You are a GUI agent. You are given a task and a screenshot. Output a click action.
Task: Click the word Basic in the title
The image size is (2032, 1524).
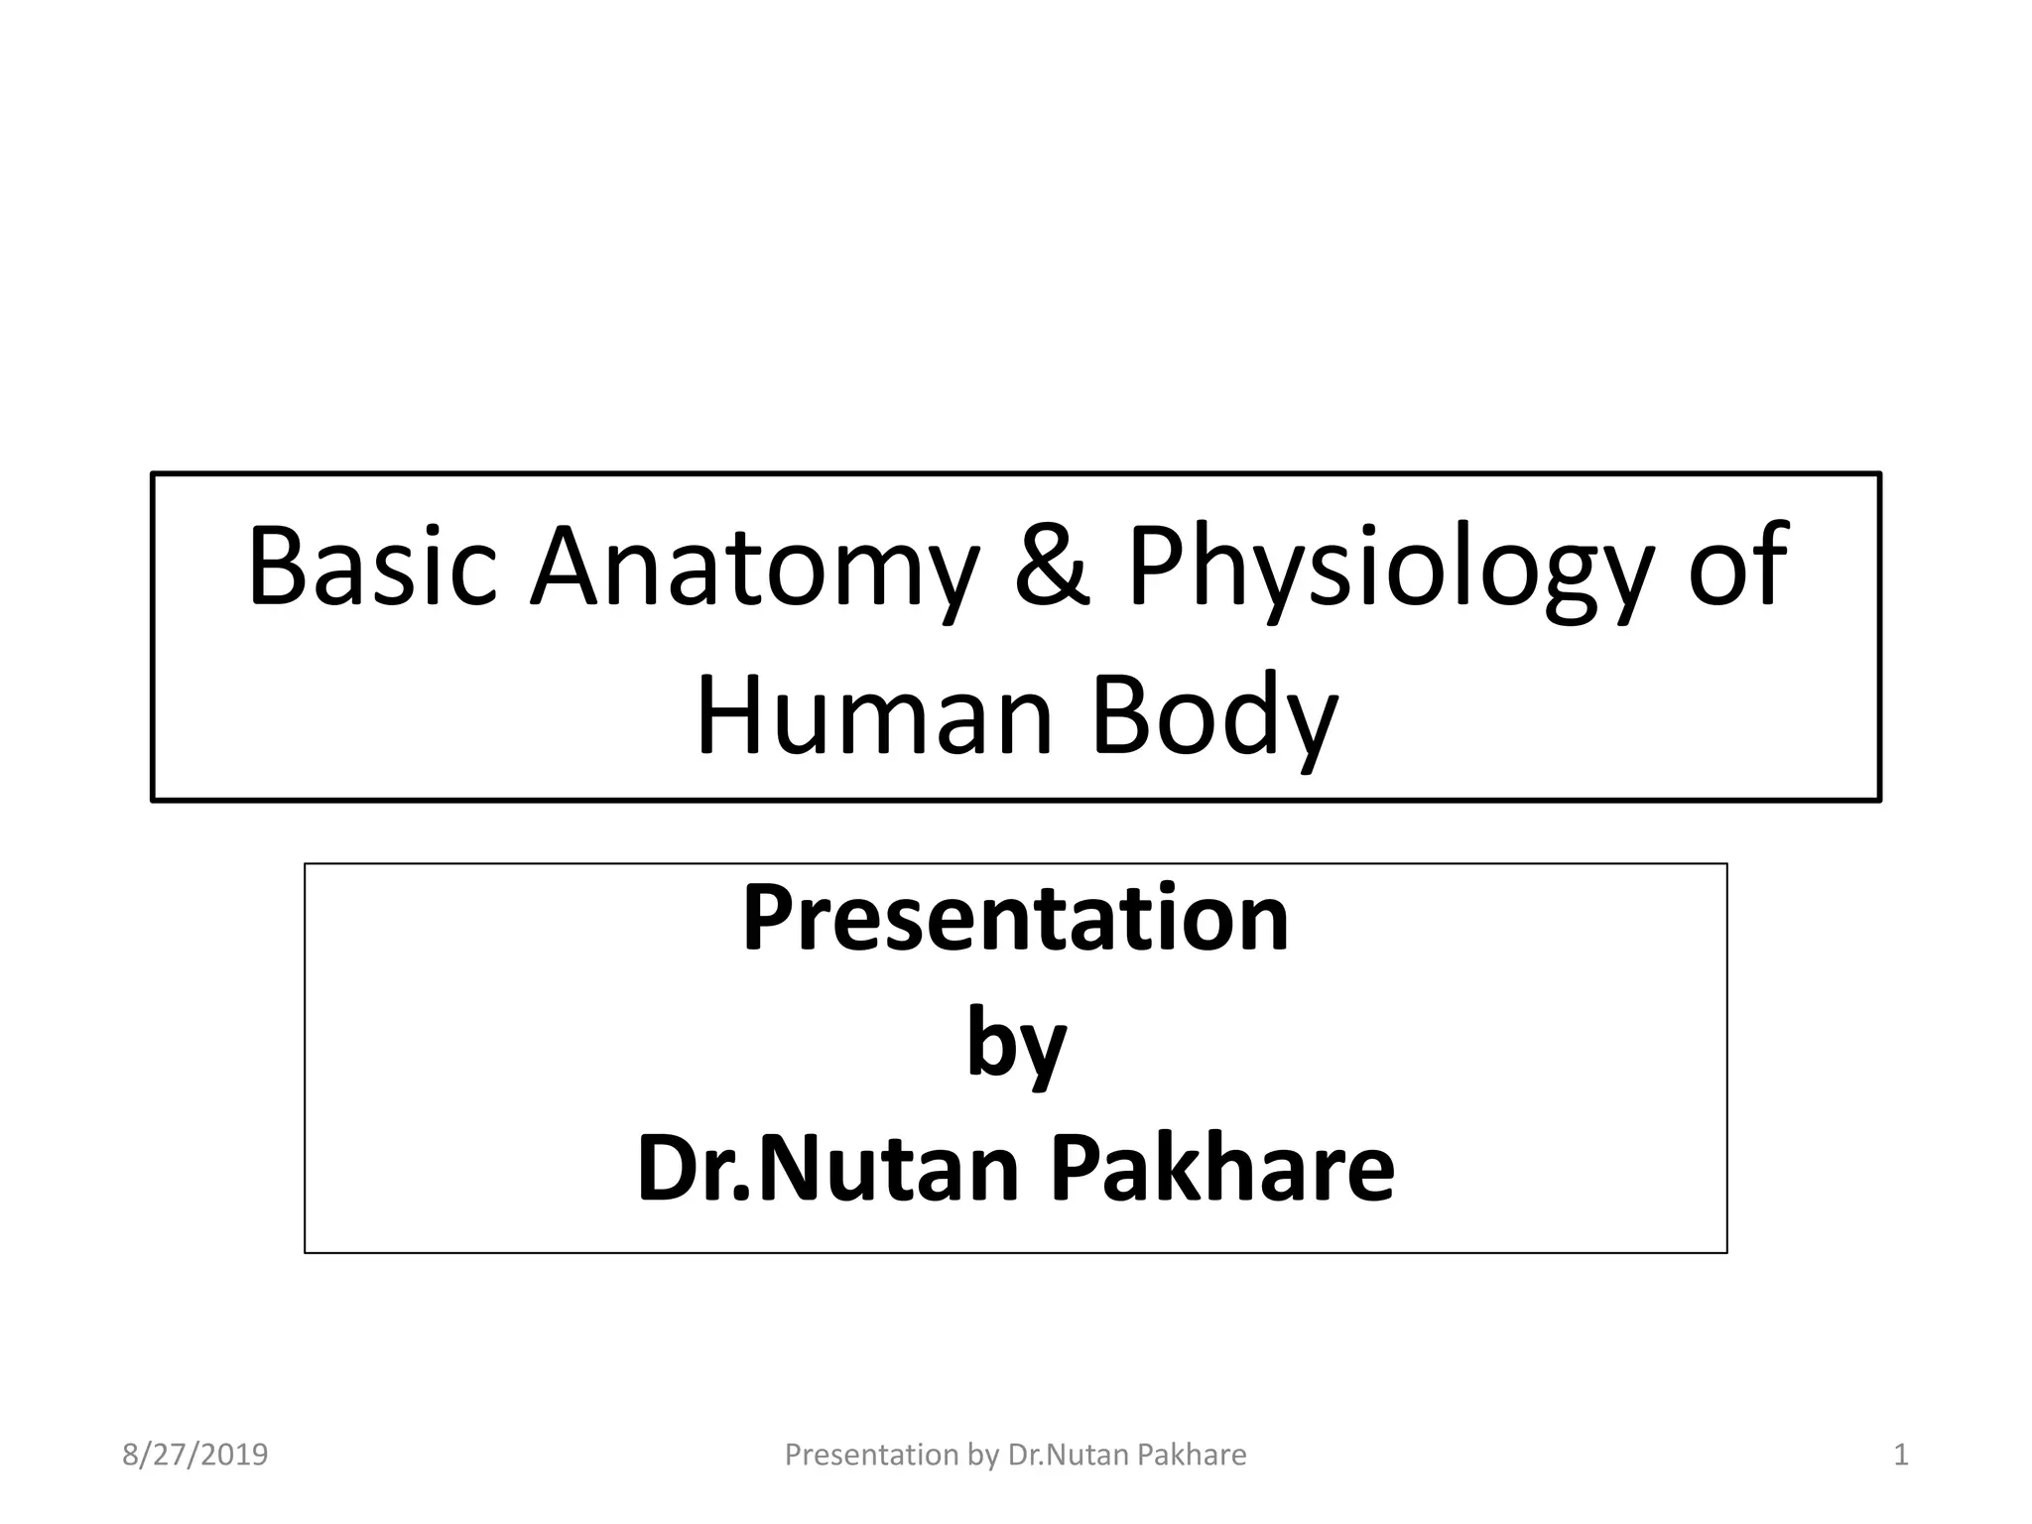[x=372, y=568]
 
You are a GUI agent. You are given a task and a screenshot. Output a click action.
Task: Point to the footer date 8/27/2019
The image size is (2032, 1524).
[x=195, y=1455]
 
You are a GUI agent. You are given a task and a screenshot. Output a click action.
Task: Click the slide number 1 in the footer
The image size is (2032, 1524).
[x=1901, y=1455]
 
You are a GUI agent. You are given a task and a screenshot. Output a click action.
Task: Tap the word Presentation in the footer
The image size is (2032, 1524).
[x=871, y=1455]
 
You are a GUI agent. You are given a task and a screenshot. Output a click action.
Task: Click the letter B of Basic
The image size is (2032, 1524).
[x=277, y=568]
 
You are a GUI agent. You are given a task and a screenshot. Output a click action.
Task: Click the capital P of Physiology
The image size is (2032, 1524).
[x=1157, y=568]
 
